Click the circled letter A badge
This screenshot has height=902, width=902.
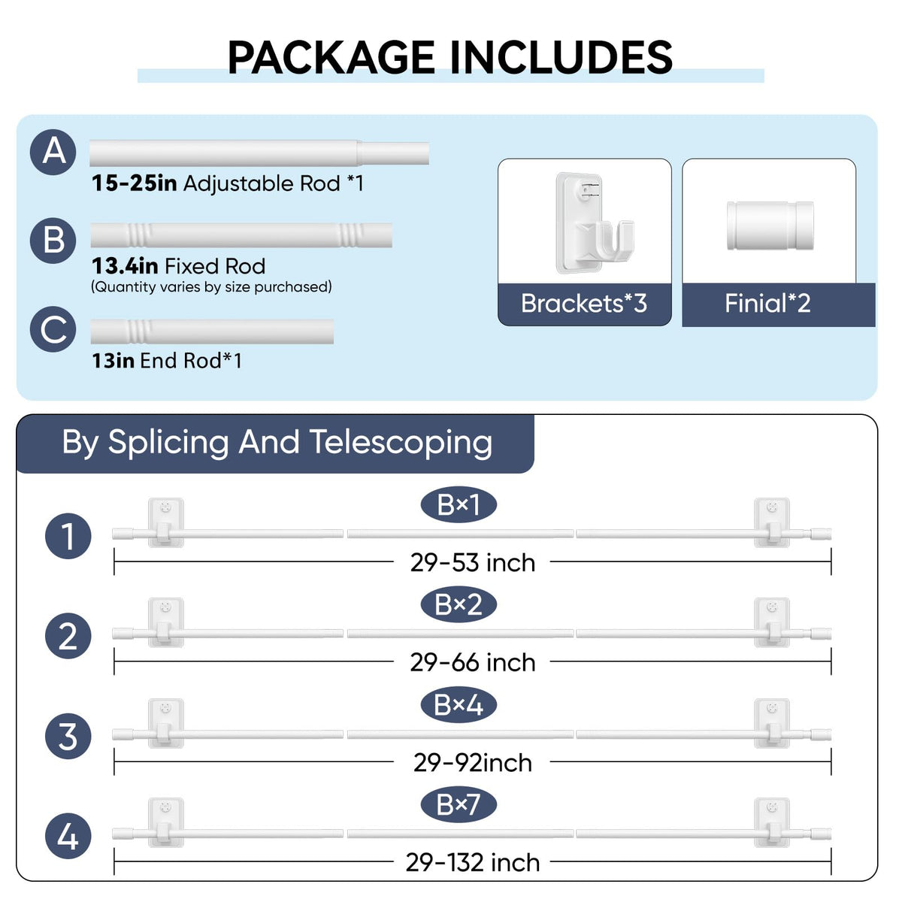(53, 152)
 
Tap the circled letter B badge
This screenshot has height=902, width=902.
(53, 241)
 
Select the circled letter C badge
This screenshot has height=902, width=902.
(53, 329)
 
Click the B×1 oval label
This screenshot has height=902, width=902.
(459, 505)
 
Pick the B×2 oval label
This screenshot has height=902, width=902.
(459, 605)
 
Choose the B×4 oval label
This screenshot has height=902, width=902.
(459, 705)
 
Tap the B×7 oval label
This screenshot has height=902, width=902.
(459, 804)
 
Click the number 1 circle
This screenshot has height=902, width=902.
(68, 537)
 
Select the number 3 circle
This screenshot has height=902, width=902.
(68, 737)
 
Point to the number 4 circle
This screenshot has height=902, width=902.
(68, 836)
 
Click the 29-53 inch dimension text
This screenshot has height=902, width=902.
(473, 563)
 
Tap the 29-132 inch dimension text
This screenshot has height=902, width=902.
(473, 862)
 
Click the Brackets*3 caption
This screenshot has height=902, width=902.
(584, 304)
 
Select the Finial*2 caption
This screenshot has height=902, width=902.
(767, 304)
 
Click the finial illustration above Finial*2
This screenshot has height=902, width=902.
(770, 225)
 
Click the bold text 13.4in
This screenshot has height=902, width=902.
(125, 266)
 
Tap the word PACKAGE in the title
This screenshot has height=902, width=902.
(331, 58)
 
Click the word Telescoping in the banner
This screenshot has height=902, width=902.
(401, 442)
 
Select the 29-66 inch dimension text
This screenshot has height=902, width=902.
(473, 662)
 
